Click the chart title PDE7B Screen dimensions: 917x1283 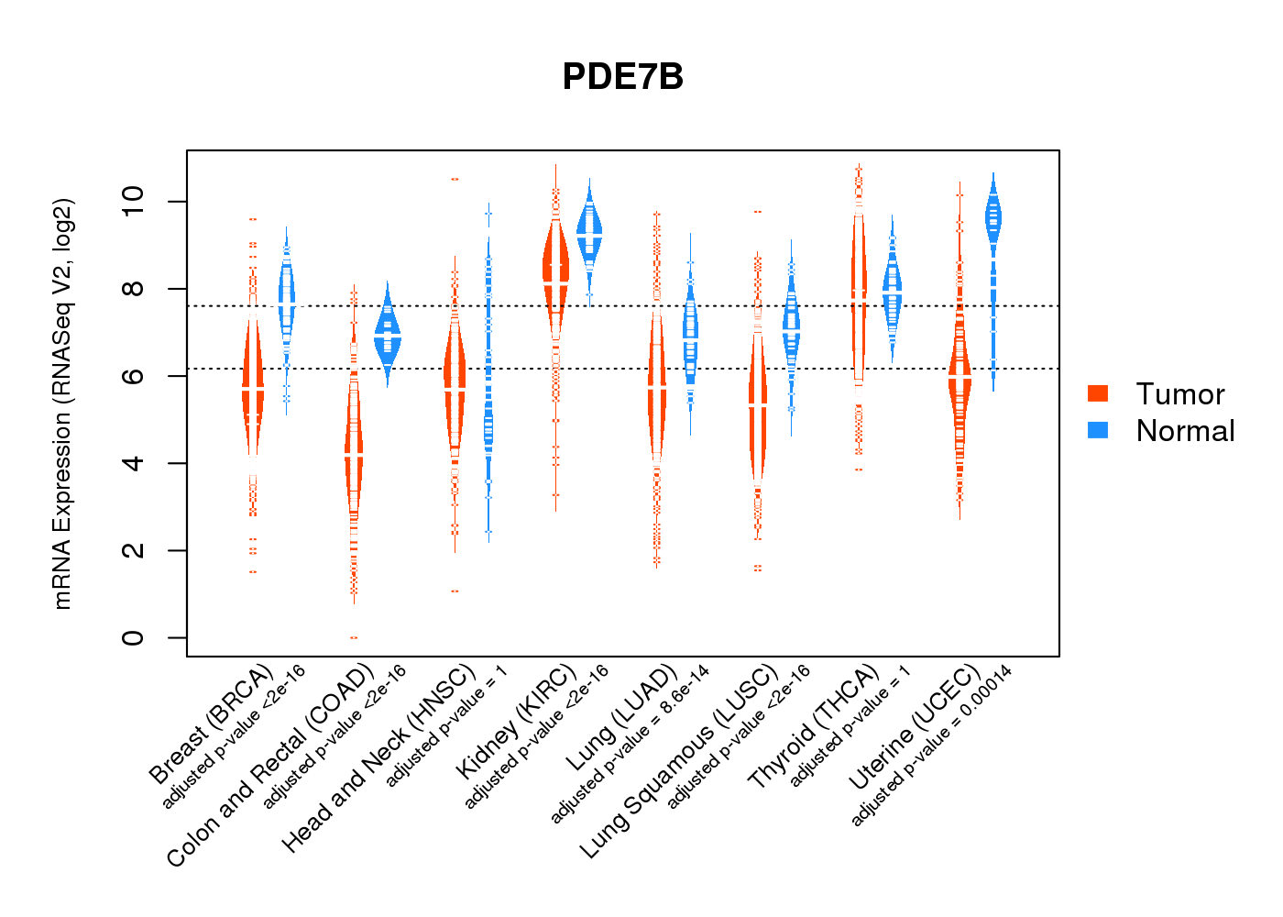[x=623, y=77]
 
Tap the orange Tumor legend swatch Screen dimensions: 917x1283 [x=1098, y=393]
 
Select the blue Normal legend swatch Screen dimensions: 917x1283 [x=1098, y=430]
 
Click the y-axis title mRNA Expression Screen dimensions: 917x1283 [x=62, y=403]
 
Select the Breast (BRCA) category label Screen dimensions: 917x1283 [x=212, y=724]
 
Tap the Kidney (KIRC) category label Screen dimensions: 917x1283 [x=517, y=720]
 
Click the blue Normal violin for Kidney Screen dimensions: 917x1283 [x=589, y=229]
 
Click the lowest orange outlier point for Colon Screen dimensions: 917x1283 [x=354, y=637]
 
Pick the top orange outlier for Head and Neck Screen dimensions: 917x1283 [x=455, y=179]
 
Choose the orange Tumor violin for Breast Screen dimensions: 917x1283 [x=253, y=385]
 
